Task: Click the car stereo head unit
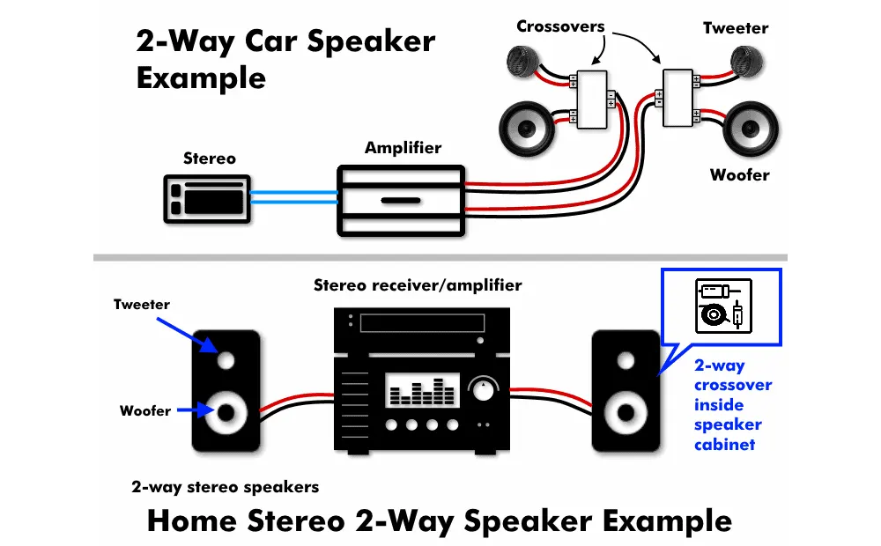(x=209, y=198)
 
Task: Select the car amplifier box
(x=401, y=200)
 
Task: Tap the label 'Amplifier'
(x=403, y=148)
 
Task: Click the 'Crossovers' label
(x=560, y=26)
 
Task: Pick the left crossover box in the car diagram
(x=592, y=99)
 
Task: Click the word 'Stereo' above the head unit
(x=210, y=159)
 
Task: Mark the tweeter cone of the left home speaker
(x=226, y=360)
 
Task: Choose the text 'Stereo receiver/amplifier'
(x=418, y=285)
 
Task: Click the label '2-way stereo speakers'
(x=226, y=486)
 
